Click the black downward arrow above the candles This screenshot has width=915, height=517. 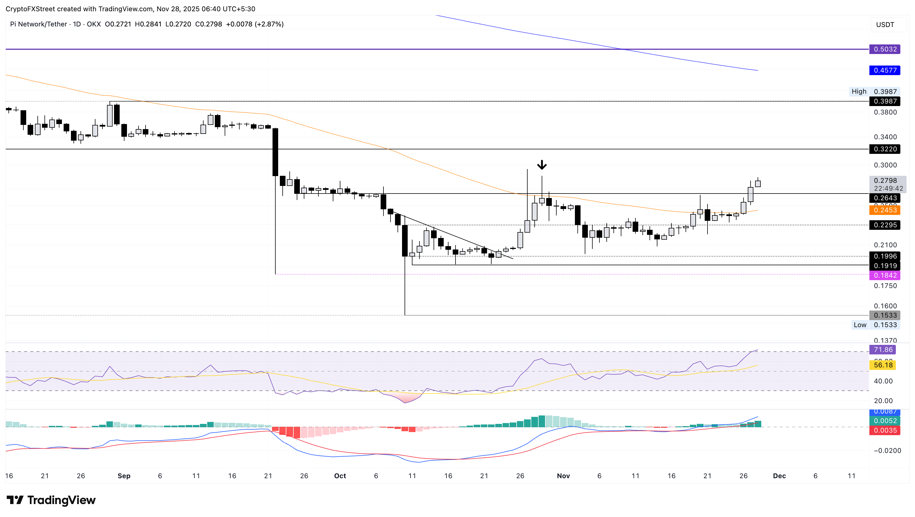[541, 165]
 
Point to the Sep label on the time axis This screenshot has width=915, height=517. [124, 476]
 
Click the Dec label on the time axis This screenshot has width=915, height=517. [779, 476]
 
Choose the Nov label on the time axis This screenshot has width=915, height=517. [563, 476]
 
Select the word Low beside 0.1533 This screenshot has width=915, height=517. [860, 325]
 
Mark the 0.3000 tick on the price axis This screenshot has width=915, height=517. [885, 165]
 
